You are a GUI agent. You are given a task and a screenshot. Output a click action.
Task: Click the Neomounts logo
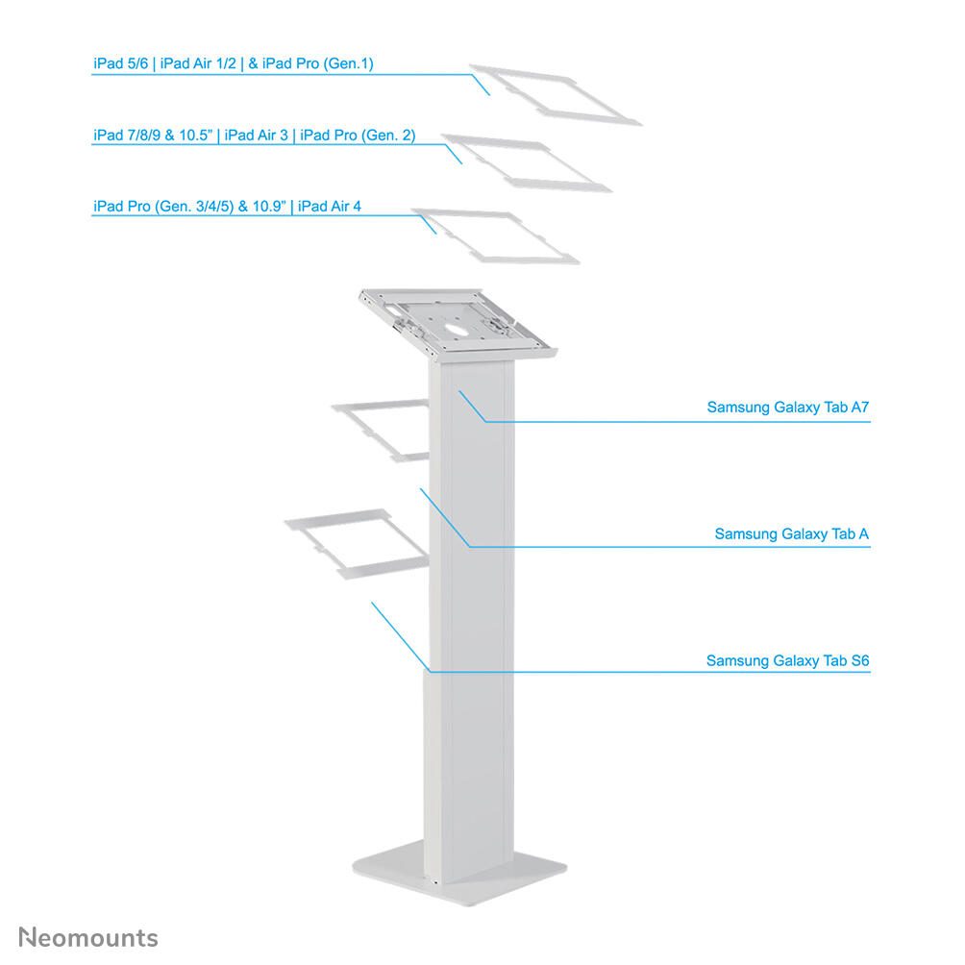(x=88, y=937)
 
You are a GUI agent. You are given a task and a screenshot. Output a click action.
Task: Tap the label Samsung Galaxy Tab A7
(x=788, y=408)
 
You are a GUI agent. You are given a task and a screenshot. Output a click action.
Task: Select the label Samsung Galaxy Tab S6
(x=788, y=661)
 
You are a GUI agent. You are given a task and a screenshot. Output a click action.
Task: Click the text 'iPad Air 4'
(x=330, y=207)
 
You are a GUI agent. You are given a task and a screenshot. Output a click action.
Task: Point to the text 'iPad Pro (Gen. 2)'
(x=358, y=136)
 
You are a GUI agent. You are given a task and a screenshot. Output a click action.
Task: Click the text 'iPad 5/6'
(x=121, y=63)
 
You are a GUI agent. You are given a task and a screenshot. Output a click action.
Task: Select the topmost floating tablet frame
(x=556, y=95)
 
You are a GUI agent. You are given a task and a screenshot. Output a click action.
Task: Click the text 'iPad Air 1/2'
(x=198, y=63)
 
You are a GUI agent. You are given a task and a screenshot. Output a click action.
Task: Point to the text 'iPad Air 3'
(x=256, y=136)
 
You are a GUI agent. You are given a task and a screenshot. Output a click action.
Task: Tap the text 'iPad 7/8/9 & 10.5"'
(x=153, y=136)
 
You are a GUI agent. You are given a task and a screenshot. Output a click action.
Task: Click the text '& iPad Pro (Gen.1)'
(x=310, y=63)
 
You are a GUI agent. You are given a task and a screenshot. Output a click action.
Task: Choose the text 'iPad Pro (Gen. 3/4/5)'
(x=163, y=207)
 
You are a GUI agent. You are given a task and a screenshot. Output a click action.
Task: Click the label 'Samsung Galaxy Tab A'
(x=791, y=534)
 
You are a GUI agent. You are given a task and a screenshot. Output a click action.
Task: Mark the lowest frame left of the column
(x=357, y=544)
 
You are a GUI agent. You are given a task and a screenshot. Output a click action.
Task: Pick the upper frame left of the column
(x=381, y=431)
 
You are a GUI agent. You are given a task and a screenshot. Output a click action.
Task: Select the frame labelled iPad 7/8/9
(x=527, y=163)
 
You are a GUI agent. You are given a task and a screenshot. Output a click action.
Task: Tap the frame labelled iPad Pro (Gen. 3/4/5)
(x=495, y=236)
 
